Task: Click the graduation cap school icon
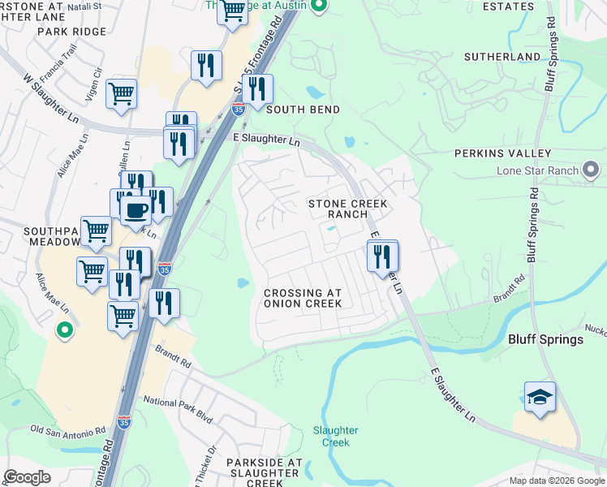click(540, 398)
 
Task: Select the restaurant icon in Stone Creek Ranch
click(381, 256)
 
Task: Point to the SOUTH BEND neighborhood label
click(303, 110)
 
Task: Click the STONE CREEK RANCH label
click(347, 209)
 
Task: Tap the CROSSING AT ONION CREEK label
click(303, 298)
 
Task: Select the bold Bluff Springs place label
click(545, 339)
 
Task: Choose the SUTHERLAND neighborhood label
click(502, 57)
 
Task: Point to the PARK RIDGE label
click(71, 32)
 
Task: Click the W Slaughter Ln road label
click(54, 97)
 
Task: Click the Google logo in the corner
click(27, 477)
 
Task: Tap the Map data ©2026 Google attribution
click(557, 481)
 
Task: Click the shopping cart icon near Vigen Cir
click(121, 93)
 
